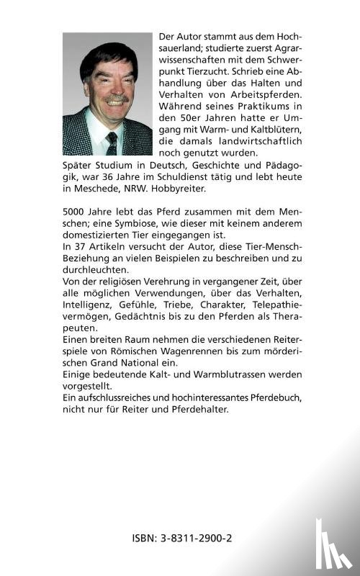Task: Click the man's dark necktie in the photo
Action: pos(111,142)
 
